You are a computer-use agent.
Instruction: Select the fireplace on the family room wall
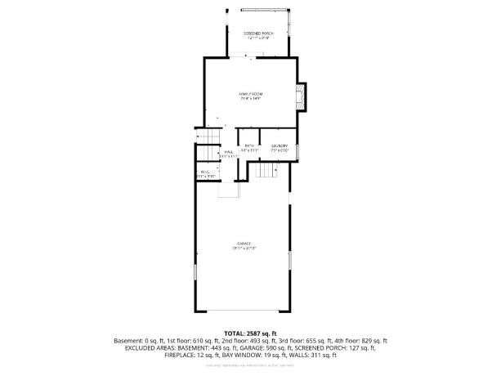(x=302, y=96)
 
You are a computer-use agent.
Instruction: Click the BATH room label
(x=248, y=145)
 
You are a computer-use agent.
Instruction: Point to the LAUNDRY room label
(x=280, y=145)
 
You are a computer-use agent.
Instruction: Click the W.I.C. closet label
(x=204, y=172)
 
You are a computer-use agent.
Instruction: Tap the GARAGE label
(x=244, y=244)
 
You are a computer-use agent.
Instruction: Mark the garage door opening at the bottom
(x=243, y=311)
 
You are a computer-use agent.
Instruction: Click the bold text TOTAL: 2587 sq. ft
(x=250, y=333)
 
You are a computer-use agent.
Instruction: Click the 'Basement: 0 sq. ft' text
(x=141, y=340)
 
